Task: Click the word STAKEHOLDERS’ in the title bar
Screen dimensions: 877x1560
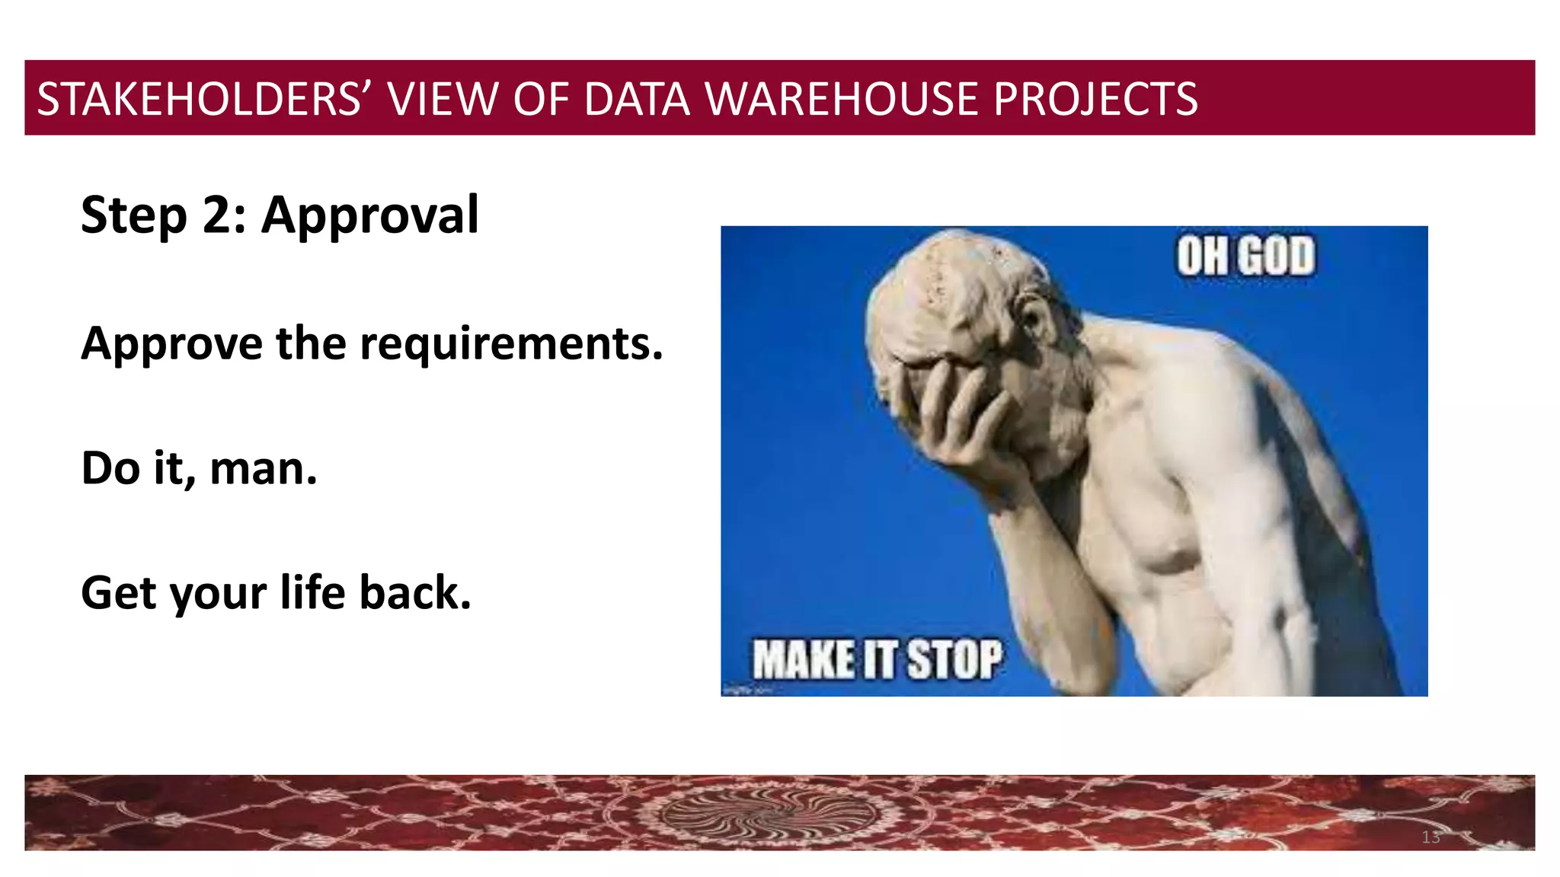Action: pos(199,99)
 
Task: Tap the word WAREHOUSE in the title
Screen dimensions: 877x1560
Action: pos(842,99)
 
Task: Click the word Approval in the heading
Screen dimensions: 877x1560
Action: pos(370,215)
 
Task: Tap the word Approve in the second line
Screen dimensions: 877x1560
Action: pos(171,344)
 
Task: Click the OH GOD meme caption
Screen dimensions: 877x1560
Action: pos(1245,256)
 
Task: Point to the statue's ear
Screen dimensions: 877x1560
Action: pos(1042,320)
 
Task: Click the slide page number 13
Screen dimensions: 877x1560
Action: pos(1431,837)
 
